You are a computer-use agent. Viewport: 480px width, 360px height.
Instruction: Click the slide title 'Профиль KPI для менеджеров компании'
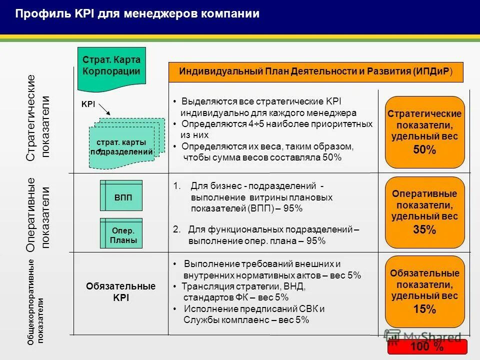tap(137, 14)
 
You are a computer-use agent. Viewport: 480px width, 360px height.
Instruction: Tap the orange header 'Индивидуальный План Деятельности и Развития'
tap(316, 71)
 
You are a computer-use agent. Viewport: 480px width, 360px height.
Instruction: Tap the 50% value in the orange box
tap(424, 150)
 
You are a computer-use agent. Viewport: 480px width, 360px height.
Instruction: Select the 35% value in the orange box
tap(424, 230)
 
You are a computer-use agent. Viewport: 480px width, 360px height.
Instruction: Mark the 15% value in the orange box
tap(424, 309)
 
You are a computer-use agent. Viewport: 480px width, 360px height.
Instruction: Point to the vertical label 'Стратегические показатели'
tap(38, 118)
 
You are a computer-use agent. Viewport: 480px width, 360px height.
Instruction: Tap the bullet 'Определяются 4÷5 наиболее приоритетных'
tap(276, 123)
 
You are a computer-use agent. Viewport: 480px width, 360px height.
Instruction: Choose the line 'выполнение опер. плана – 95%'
tap(257, 241)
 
